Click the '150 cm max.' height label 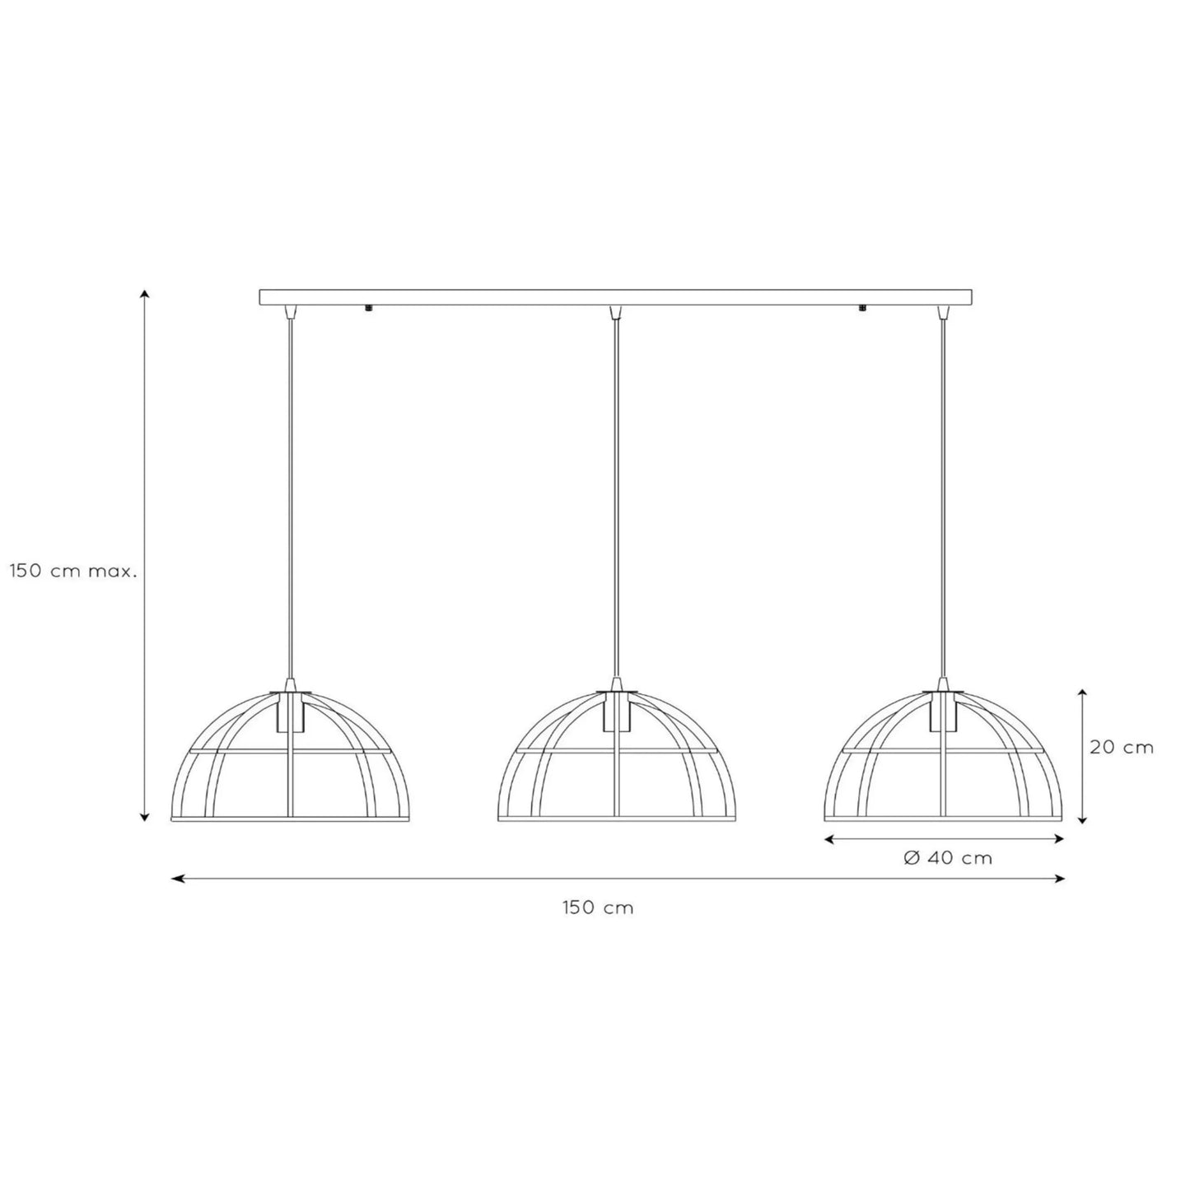tap(72, 572)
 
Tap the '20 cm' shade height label tap(1121, 747)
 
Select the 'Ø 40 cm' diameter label tap(948, 858)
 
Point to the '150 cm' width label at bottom tap(598, 908)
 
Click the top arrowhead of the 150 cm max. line tap(144, 294)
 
